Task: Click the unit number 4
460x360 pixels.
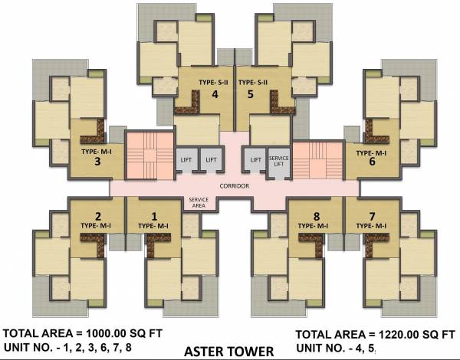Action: [x=215, y=95]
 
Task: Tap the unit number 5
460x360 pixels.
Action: [x=250, y=95]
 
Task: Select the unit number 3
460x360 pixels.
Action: [x=98, y=162]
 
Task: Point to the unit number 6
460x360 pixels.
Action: [x=372, y=162]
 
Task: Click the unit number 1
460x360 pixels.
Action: [x=153, y=216]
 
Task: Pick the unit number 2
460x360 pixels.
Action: [x=98, y=215]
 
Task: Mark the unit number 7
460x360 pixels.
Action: [x=373, y=215]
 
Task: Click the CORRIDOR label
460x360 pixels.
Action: [x=235, y=186]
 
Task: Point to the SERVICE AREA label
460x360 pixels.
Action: [x=197, y=201]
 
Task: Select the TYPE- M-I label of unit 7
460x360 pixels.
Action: [x=372, y=226]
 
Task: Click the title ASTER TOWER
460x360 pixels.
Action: [x=228, y=352]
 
